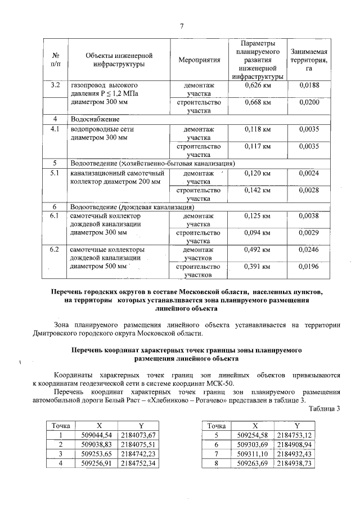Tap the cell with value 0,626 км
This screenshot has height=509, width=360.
tap(258, 85)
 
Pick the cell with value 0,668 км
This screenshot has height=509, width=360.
tap(258, 103)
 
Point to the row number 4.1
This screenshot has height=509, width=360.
tap(55, 129)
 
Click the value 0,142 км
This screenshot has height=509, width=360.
tap(258, 190)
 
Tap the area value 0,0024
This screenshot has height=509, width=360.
tap(309, 173)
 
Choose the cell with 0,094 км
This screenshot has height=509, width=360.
tap(258, 233)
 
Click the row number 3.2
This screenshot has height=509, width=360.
tap(55, 85)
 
